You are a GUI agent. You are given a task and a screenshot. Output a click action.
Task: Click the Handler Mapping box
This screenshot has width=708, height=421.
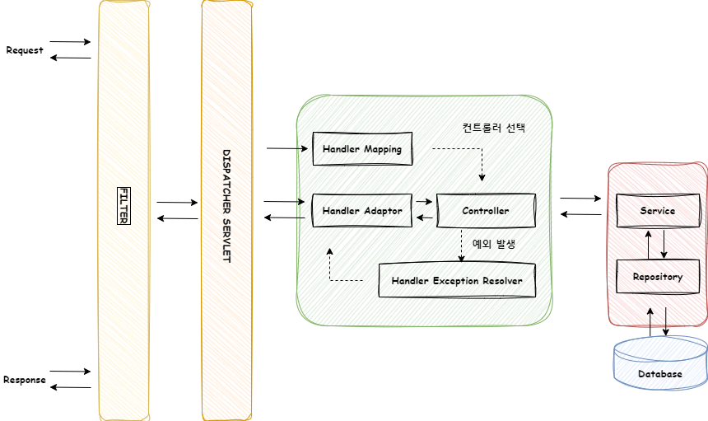tap(362, 149)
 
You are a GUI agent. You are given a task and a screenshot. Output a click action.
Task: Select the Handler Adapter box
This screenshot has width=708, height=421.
tap(362, 211)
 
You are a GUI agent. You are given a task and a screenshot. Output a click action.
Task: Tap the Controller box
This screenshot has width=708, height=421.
tap(486, 211)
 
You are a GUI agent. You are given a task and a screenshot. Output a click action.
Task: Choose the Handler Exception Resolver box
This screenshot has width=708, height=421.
tap(456, 280)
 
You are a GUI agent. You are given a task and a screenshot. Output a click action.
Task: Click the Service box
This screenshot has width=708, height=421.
tap(658, 211)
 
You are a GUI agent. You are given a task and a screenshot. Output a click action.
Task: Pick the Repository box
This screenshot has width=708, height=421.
tap(658, 277)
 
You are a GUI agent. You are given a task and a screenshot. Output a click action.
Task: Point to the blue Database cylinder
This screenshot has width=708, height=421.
tap(660, 363)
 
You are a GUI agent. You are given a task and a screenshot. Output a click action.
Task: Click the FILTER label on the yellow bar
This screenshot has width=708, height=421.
tap(124, 205)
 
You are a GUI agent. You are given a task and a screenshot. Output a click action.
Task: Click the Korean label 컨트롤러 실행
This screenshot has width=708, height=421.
tap(493, 129)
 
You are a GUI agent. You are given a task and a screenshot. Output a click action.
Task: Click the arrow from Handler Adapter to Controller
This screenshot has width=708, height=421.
tap(424, 201)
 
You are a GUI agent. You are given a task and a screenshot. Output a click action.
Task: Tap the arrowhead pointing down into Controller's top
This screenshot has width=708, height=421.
tap(482, 178)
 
